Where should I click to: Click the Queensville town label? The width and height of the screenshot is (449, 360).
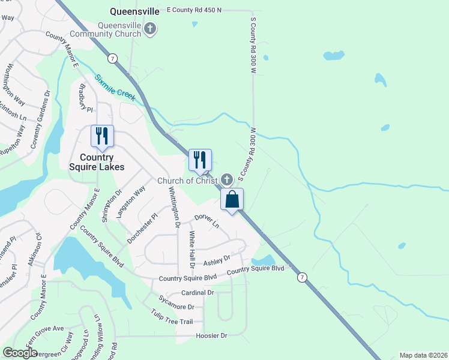135,11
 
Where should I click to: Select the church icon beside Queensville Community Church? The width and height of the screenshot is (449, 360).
151,28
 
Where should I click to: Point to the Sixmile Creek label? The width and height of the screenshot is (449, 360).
115,86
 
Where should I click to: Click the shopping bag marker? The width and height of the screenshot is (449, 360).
232,200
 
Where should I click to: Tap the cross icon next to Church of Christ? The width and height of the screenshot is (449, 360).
226,179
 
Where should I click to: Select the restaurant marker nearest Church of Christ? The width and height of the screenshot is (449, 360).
200,160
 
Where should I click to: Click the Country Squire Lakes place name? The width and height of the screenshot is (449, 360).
97,162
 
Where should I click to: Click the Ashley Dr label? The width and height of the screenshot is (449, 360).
217,260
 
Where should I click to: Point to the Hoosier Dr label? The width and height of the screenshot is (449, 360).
212,336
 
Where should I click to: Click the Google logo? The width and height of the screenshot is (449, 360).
20,353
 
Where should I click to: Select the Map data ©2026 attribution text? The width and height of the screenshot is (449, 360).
423,355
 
